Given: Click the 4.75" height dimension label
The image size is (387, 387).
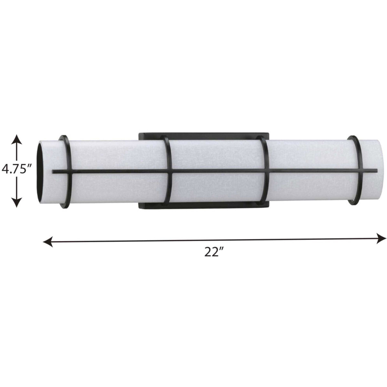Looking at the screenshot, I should tap(16, 169).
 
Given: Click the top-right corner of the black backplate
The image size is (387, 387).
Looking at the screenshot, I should tap(268, 133).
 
